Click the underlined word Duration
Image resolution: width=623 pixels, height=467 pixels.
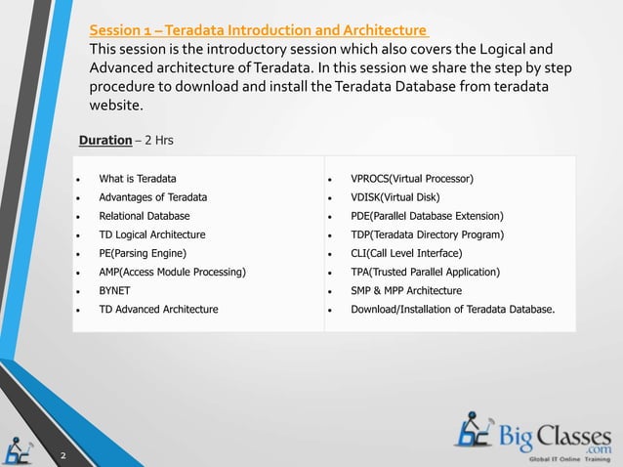104,141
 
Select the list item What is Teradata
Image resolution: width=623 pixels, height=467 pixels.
138,179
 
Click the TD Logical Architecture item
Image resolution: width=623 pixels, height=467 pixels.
152,234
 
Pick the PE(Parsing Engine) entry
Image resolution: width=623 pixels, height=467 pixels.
143,253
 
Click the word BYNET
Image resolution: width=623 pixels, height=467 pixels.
114,290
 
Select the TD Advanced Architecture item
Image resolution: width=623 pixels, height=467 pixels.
158,309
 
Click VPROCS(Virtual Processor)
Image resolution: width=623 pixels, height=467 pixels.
412,179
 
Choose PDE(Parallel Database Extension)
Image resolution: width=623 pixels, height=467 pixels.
427,216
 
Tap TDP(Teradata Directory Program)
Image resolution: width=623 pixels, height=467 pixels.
427,234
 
